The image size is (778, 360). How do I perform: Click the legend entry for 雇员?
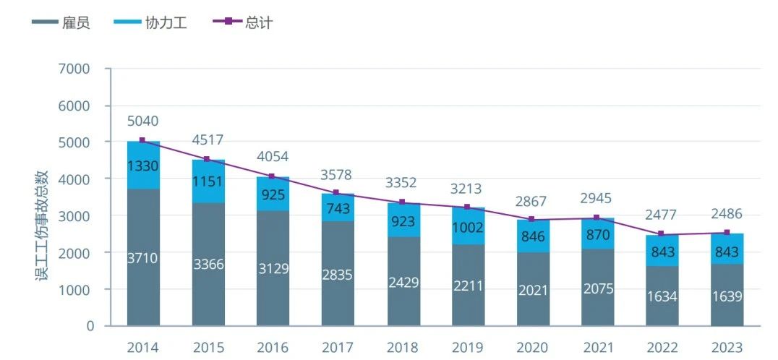coord(61,22)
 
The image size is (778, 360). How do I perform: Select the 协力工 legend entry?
coord(150,22)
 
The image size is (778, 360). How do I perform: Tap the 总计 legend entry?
coord(244,22)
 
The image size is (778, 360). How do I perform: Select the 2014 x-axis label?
coord(143,348)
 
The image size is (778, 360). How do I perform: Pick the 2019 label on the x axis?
coord(468,348)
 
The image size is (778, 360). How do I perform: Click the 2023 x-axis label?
coord(727,348)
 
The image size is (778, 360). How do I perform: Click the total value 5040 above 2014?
coord(143,121)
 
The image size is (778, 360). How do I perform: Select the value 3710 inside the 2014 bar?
coord(143,258)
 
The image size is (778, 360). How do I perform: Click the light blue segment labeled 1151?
coord(208,181)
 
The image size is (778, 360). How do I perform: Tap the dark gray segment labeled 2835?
coord(338,273)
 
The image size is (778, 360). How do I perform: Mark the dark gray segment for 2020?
coord(532,289)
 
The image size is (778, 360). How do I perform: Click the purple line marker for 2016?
coord(273,176)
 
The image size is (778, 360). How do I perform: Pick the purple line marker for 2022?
coord(662,233)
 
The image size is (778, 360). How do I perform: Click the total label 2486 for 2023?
coord(727,214)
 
